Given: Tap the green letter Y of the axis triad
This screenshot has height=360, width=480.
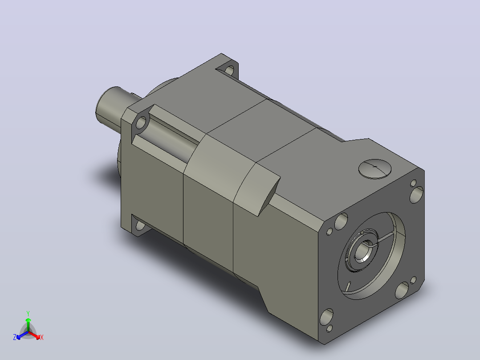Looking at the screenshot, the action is click(x=28, y=313).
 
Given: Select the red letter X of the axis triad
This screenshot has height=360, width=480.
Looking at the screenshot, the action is click(x=42, y=337).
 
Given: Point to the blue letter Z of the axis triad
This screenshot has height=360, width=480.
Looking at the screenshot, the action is click(x=15, y=337).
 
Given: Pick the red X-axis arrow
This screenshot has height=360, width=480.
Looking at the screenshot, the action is click(x=34, y=335).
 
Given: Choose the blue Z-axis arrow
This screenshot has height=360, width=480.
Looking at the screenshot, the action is click(x=22, y=335).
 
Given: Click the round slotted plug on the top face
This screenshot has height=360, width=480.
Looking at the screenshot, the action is click(x=375, y=168).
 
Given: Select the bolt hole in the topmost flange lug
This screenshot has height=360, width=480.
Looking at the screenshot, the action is click(x=229, y=70).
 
